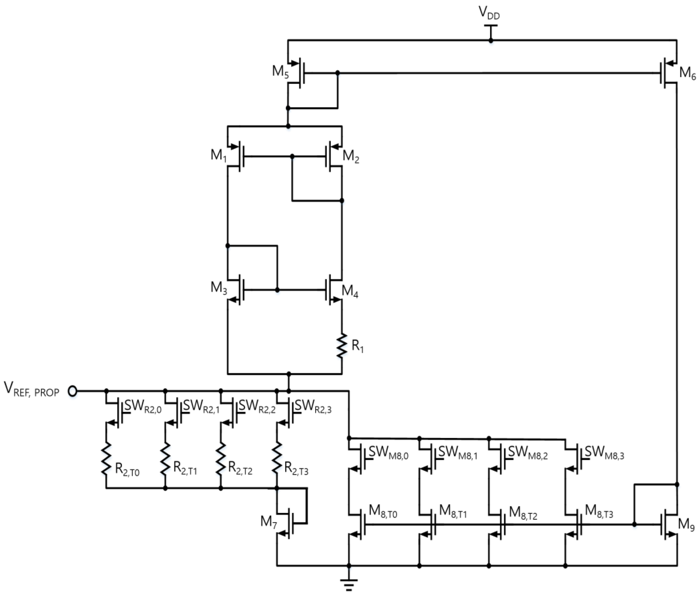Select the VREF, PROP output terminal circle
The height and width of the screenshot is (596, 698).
(x=72, y=391)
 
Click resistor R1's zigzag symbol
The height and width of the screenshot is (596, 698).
(x=342, y=346)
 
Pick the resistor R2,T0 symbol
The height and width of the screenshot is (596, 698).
(x=106, y=459)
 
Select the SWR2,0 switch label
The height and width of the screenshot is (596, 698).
(x=143, y=406)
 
